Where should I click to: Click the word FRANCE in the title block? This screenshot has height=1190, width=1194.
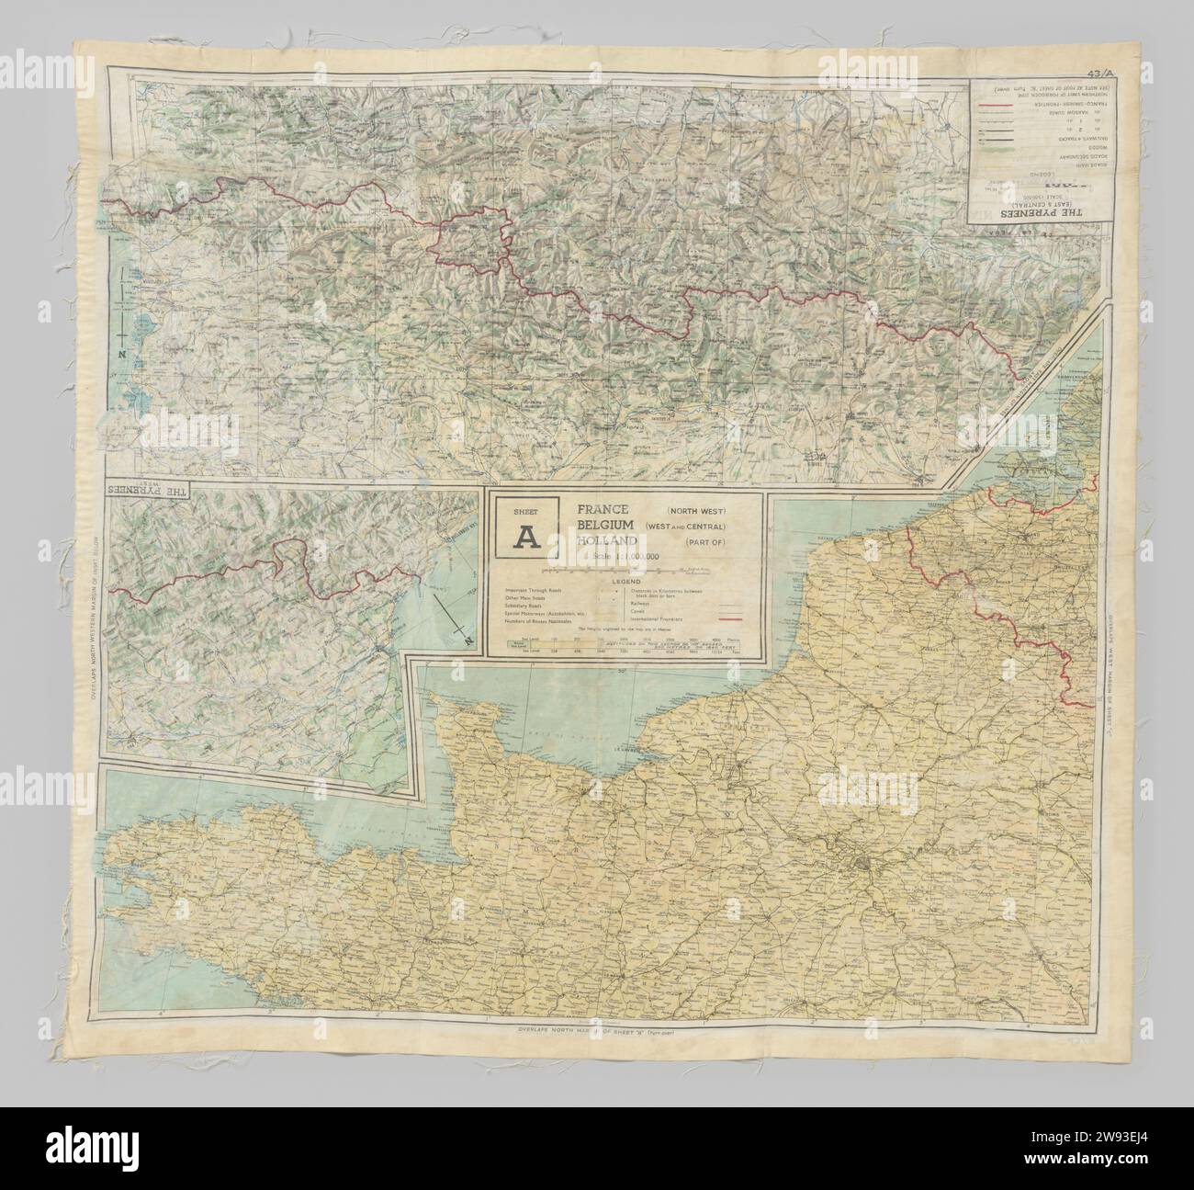click(x=602, y=508)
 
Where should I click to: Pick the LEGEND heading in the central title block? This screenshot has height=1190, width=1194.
click(x=624, y=580)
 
